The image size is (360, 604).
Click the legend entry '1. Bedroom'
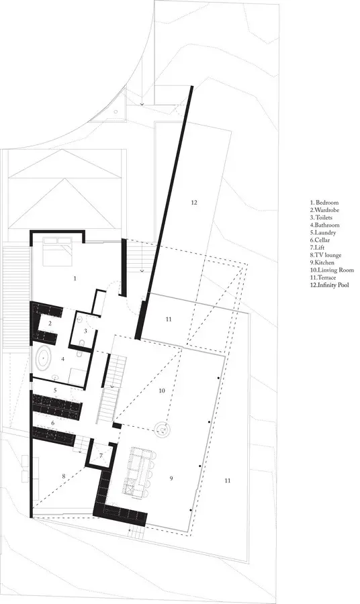(x=324, y=202)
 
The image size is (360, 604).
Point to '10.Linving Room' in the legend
(x=332, y=270)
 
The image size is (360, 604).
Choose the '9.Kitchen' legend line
(x=322, y=262)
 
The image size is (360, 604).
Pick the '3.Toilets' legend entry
(x=321, y=217)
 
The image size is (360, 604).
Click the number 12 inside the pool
(x=194, y=202)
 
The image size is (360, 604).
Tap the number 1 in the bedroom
(x=75, y=278)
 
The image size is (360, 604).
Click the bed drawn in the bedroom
(x=58, y=252)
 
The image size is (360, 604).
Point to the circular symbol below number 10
(x=163, y=428)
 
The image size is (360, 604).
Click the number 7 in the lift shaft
(x=101, y=456)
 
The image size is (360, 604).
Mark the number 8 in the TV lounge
(x=64, y=476)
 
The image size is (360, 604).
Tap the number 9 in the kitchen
(x=171, y=479)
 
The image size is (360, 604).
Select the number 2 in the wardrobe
(x=50, y=323)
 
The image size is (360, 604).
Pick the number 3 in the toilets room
(x=85, y=330)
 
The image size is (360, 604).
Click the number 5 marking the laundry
(x=55, y=390)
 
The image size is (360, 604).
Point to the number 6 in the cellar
(x=53, y=423)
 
